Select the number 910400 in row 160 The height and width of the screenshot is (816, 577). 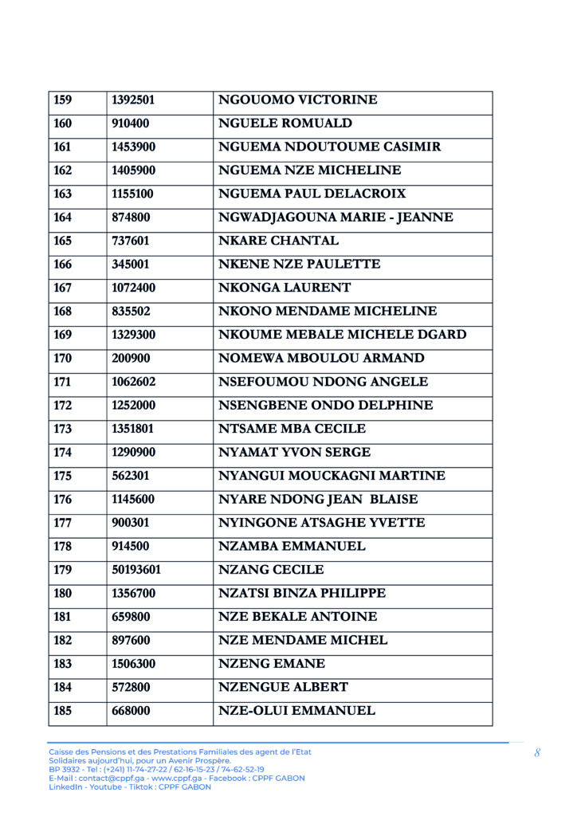click(x=131, y=124)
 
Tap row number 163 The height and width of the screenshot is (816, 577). click(x=62, y=194)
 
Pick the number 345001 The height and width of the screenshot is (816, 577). click(x=131, y=265)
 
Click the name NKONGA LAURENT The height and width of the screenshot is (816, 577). click(x=285, y=288)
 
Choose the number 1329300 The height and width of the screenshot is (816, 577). click(x=134, y=335)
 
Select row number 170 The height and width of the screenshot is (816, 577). click(x=62, y=359)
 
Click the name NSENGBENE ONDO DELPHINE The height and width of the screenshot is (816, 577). click(x=326, y=406)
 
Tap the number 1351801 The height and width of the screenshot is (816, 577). click(x=133, y=430)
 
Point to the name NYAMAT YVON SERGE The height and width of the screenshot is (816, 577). click(x=294, y=453)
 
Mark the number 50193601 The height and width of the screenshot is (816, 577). click(x=136, y=571)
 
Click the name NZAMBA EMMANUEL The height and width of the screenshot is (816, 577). click(x=292, y=547)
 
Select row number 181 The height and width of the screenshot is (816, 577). click(x=62, y=618)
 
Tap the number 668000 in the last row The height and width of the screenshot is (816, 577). click(x=131, y=711)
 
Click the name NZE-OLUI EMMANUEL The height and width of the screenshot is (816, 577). click(x=296, y=711)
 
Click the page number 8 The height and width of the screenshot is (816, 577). click(x=537, y=753)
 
